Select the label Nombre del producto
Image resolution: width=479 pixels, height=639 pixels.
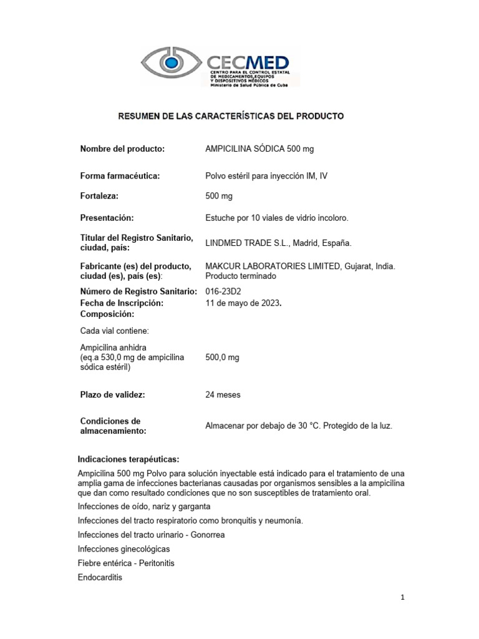(122, 149)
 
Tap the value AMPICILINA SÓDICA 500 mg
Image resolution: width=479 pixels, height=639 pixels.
(255, 149)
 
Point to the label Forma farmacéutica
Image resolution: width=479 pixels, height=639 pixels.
(120, 176)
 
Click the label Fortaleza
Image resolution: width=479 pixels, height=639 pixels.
(99, 196)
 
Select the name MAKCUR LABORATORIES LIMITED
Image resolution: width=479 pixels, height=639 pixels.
(272, 266)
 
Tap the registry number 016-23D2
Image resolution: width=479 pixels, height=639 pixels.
(223, 291)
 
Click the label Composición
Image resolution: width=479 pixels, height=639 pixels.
(108, 315)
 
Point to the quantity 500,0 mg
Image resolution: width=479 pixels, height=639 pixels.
(222, 358)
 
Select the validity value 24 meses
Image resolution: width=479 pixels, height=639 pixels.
(223, 395)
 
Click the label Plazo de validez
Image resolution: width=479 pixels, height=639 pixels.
(113, 395)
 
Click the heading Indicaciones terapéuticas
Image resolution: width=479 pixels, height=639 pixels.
(128, 459)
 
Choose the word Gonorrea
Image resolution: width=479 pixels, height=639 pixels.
(204, 535)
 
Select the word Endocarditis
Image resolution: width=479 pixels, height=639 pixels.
(100, 577)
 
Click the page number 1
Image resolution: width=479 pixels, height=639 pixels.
(403, 597)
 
